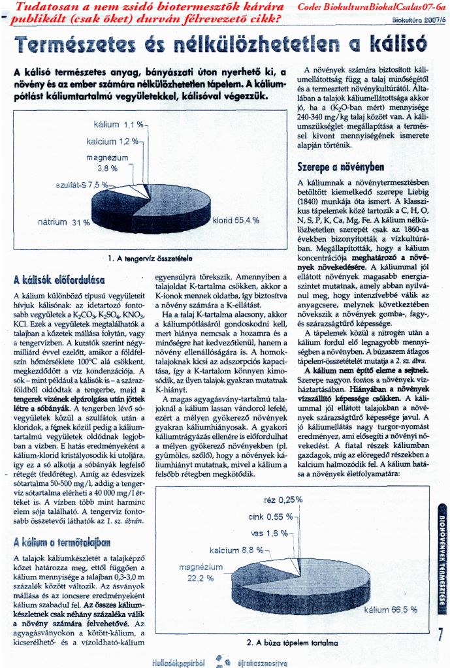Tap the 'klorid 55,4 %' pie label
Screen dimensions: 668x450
click(235, 220)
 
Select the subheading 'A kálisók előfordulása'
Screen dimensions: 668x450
click(59, 279)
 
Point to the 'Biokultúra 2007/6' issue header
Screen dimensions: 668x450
click(419, 20)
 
